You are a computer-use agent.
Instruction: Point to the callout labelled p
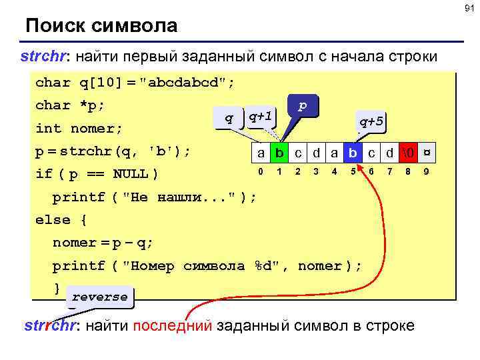302,106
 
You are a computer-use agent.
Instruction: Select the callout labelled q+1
259,117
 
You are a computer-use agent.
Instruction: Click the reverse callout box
99,297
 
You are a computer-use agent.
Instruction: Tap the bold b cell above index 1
280,153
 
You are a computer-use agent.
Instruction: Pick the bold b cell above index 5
353,153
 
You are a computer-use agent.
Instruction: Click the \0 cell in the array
407,153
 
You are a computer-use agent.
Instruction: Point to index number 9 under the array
426,172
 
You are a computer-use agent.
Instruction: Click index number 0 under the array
261,172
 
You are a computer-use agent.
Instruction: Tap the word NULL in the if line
131,174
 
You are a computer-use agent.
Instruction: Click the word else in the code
52,219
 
